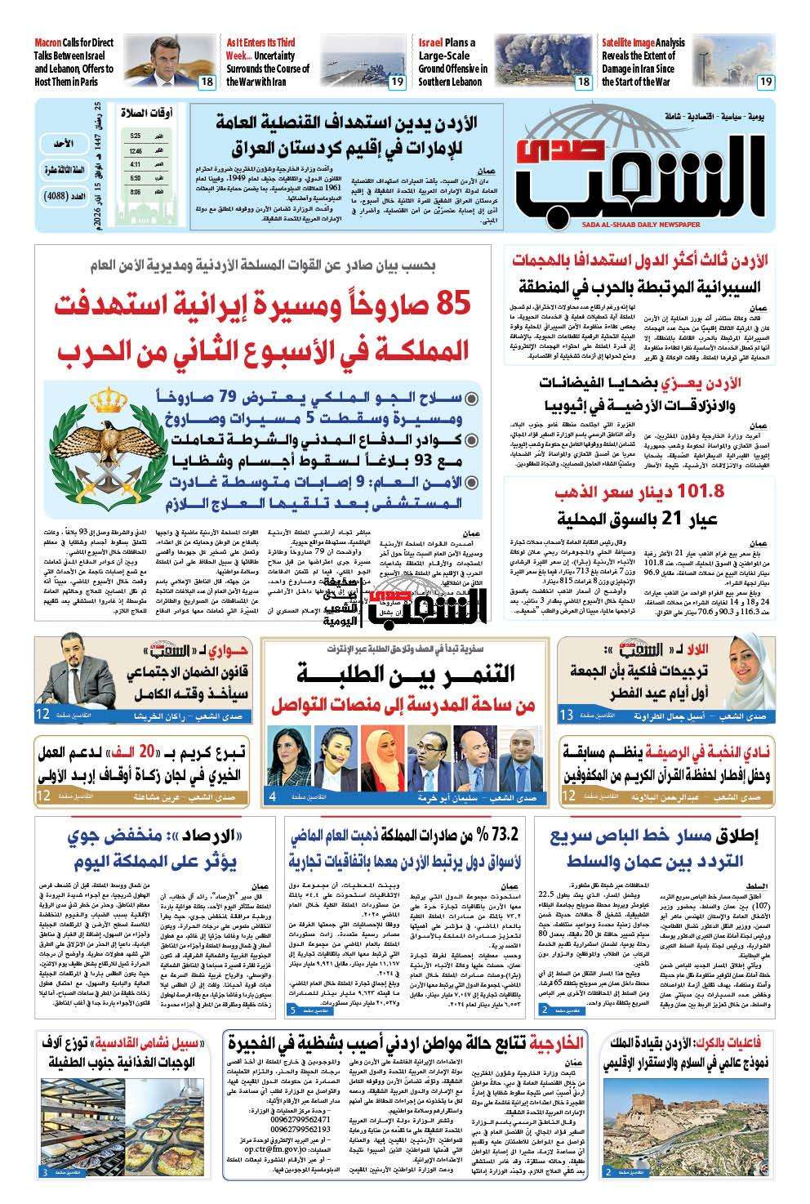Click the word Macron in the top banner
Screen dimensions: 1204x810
point(51,42)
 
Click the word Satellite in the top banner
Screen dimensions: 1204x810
point(627,42)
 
